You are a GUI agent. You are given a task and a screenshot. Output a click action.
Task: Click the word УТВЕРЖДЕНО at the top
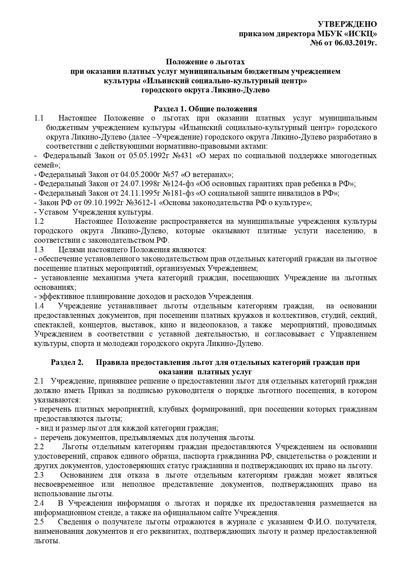[x=347, y=24]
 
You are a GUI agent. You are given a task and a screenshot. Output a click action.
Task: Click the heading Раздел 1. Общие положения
[x=205, y=109]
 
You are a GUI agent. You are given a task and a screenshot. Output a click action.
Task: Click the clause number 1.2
[x=39, y=221]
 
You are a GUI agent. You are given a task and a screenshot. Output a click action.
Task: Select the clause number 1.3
[x=39, y=250]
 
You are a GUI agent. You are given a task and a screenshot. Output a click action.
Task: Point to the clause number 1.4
[x=39, y=306]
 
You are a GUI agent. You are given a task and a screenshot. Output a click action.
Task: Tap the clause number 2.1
[x=39, y=381]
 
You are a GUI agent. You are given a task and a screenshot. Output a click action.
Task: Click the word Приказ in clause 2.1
[x=98, y=391]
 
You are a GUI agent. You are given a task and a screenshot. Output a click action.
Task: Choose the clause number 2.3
[x=39, y=475]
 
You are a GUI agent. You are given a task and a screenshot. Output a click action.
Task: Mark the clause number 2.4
[x=39, y=503]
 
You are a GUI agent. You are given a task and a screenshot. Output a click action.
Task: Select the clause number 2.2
[x=39, y=447]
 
